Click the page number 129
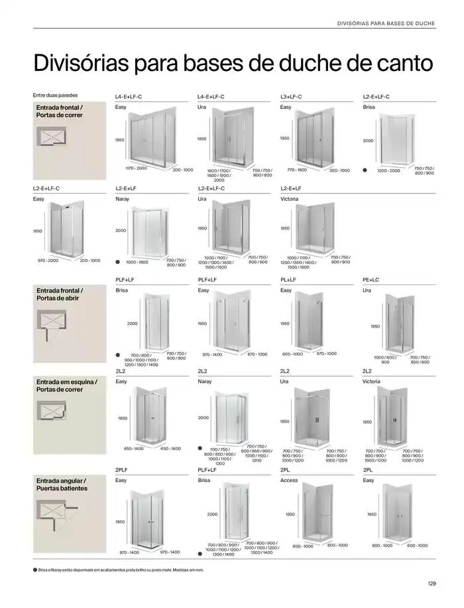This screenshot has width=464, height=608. (x=432, y=583)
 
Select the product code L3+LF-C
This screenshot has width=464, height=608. (x=291, y=97)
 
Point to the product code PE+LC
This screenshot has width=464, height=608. (x=371, y=280)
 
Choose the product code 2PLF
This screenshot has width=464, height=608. (x=122, y=470)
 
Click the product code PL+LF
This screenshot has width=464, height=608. (x=288, y=280)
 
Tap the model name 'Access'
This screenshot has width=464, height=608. (x=289, y=480)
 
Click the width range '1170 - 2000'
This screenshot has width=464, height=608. (x=137, y=168)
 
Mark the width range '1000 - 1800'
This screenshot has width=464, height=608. (x=137, y=262)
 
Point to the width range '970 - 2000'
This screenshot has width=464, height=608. (x=48, y=261)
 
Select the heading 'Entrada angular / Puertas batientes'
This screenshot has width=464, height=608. (x=62, y=484)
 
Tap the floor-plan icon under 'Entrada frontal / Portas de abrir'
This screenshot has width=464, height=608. (x=56, y=326)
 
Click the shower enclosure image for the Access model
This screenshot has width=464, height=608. (x=319, y=513)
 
